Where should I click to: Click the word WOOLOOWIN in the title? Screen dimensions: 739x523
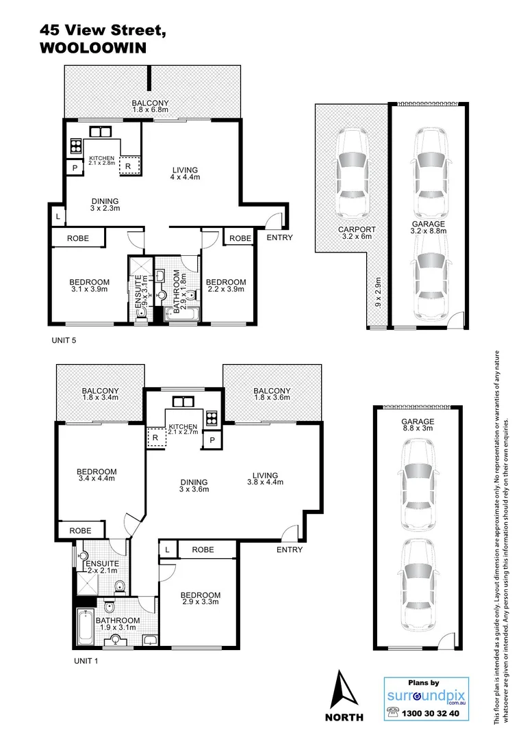92,49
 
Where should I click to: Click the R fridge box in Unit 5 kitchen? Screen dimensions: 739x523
128,165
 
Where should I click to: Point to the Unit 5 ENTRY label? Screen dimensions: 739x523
279,237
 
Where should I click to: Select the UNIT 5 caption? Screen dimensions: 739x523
67,339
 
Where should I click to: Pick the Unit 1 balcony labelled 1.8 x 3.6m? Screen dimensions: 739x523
272,394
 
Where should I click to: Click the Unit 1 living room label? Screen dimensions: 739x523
264,479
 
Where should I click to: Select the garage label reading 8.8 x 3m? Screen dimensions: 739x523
418,426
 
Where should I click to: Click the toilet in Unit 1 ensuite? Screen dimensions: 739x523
119,586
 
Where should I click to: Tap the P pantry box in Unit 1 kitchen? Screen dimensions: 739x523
212,439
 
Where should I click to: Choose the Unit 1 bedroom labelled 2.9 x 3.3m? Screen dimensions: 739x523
201,599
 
